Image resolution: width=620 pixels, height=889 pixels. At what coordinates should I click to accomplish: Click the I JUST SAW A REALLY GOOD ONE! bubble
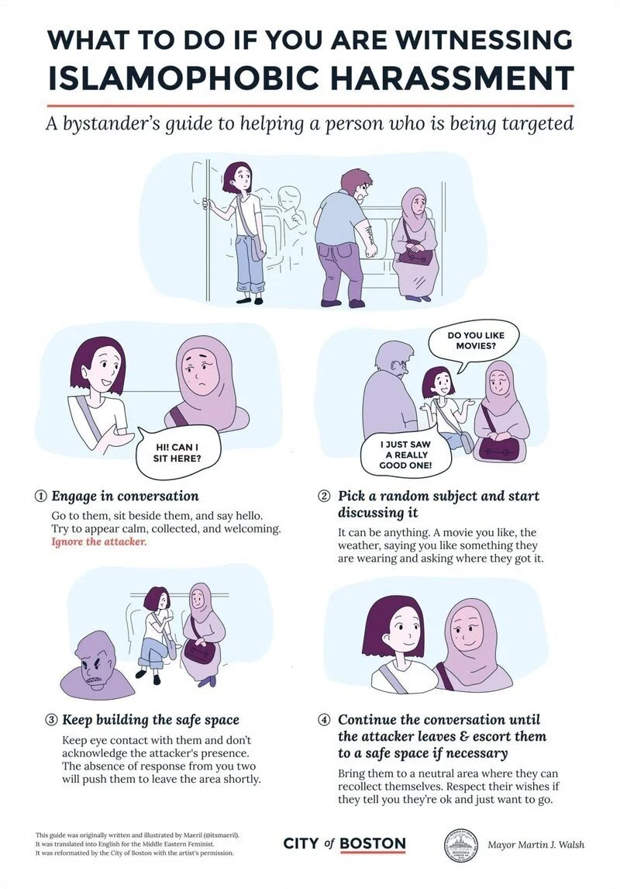405,455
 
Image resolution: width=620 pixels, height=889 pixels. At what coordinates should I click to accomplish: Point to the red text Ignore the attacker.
98,541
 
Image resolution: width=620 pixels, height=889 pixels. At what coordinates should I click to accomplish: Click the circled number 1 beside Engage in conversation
40,496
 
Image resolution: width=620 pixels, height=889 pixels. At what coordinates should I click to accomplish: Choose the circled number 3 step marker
49,720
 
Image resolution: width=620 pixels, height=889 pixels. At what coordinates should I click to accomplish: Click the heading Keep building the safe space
150,720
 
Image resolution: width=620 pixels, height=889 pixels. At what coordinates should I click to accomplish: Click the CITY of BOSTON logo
344,844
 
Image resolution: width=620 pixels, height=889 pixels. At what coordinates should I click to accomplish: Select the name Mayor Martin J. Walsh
536,845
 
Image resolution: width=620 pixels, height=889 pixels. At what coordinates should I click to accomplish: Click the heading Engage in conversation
125,496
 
